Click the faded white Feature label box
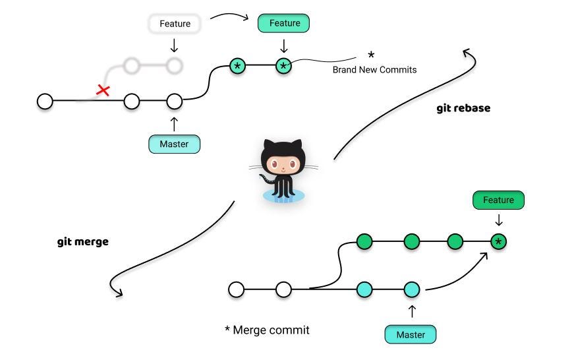pyautogui.click(x=175, y=24)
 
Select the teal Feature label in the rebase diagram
pyautogui.click(x=283, y=24)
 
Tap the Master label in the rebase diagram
pyautogui.click(x=174, y=143)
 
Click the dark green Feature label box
pyautogui.click(x=498, y=200)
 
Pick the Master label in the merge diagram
pyautogui.click(x=410, y=334)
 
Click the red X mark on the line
pyautogui.click(x=103, y=90)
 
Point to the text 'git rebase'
pyautogui.click(x=463, y=108)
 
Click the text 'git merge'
pyautogui.click(x=83, y=242)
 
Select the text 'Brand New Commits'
pyautogui.click(x=374, y=69)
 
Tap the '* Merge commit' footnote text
pyautogui.click(x=266, y=329)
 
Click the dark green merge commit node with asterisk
pyautogui.click(x=498, y=242)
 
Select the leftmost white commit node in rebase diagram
pyautogui.click(x=45, y=102)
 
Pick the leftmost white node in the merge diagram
pyautogui.click(x=236, y=289)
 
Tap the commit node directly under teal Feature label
pyautogui.click(x=283, y=66)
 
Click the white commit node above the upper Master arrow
pyautogui.click(x=174, y=102)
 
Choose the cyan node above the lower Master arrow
pyautogui.click(x=411, y=289)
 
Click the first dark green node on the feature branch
pyautogui.click(x=364, y=242)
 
